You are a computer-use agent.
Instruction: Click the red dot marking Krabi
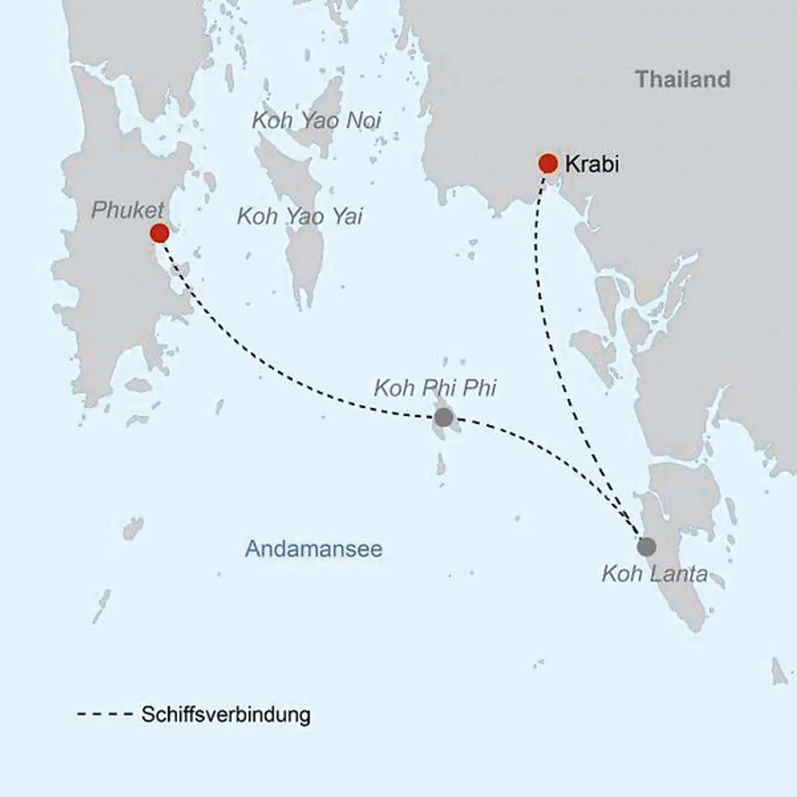[548, 164]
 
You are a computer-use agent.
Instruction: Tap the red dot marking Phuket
[159, 233]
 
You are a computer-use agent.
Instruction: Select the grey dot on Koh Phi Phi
[443, 417]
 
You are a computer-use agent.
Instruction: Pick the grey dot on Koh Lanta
[646, 547]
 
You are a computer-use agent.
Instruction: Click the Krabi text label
[592, 164]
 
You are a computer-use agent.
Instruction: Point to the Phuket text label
[127, 210]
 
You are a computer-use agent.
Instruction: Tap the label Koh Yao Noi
[317, 121]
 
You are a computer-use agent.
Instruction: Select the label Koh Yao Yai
[300, 216]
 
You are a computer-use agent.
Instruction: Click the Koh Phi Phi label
[435, 388]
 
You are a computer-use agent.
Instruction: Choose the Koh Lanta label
[655, 574]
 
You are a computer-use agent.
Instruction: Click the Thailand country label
[682, 79]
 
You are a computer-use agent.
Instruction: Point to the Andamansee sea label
[313, 548]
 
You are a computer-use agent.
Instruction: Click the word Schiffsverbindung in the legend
[225, 715]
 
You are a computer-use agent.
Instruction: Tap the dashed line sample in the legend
[105, 715]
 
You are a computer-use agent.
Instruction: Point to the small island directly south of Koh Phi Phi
[441, 464]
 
